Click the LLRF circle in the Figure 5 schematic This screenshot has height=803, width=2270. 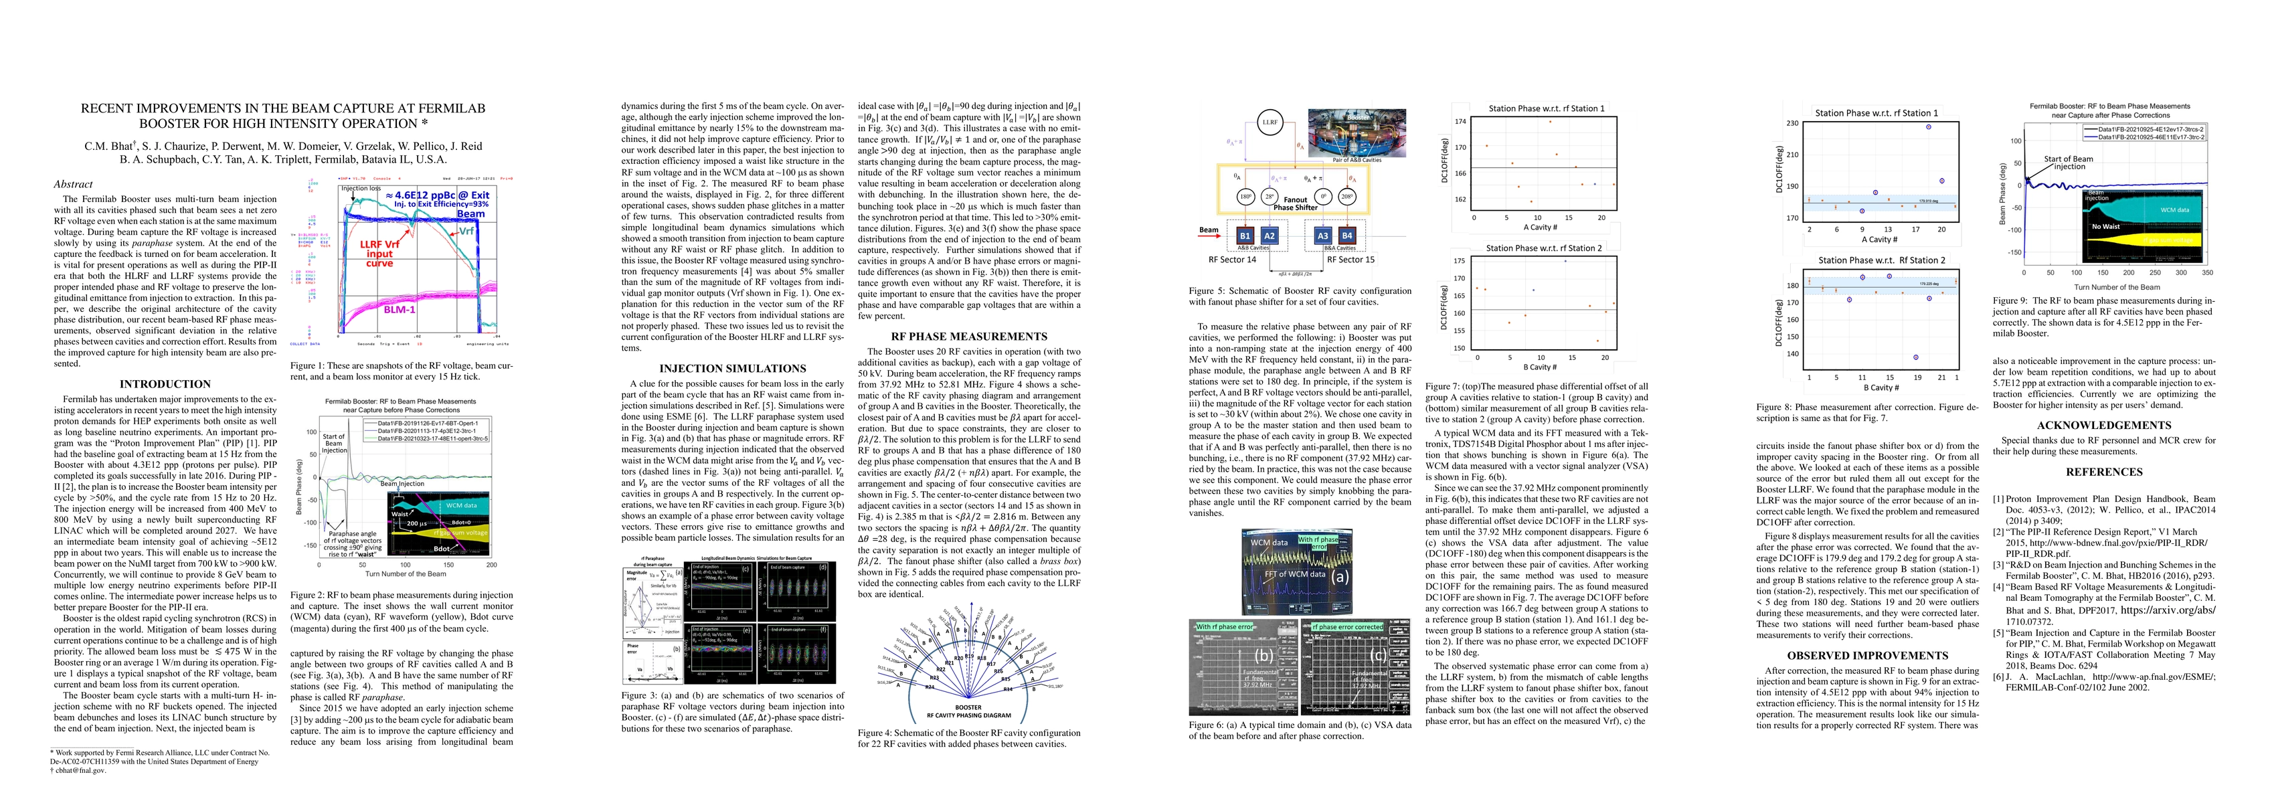(1269, 122)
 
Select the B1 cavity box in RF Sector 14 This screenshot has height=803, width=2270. (1244, 236)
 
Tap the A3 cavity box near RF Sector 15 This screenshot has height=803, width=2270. (1322, 236)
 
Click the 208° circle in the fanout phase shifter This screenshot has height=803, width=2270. (1346, 197)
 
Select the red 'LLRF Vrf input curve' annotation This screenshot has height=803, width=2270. (380, 254)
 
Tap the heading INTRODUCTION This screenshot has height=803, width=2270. (165, 384)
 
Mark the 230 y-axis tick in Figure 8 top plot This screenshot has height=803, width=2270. (1792, 123)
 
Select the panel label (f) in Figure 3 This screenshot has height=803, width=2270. (822, 630)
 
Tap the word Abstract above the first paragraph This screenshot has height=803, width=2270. (73, 184)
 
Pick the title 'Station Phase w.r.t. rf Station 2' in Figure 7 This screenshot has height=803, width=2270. (1544, 248)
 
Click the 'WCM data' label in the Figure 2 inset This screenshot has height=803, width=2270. (461, 506)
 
